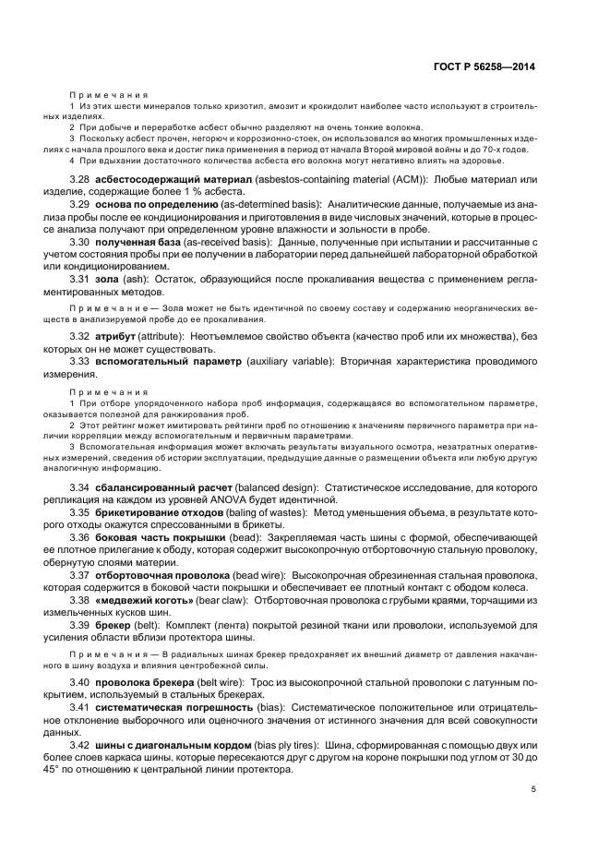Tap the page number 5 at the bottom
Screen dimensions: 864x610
click(533, 788)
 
